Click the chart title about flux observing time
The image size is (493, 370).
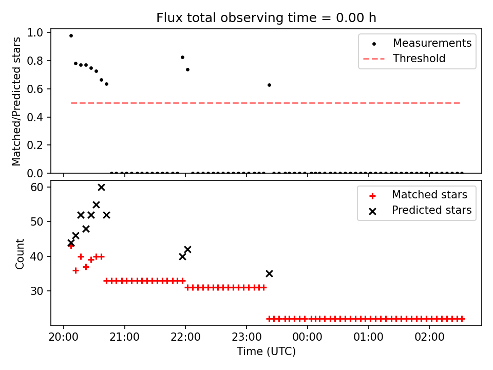266,17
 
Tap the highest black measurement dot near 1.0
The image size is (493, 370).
71,35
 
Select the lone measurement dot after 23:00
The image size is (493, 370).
269,85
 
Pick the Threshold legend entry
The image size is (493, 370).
405,59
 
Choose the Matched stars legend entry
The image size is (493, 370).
418,195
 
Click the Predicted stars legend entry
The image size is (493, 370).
420,210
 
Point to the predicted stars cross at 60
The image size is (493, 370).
101,188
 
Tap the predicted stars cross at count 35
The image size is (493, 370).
269,274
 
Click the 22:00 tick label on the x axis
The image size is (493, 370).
185,337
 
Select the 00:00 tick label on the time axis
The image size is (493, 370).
307,337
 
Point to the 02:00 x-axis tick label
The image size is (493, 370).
429,337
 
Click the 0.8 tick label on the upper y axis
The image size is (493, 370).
35,61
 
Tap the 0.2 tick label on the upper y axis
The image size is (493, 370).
35,145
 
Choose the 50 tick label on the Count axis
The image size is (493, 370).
36,222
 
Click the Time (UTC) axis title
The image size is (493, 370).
266,351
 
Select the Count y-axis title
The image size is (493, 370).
20,253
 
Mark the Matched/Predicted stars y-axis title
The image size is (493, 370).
16,101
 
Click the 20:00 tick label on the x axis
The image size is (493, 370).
64,337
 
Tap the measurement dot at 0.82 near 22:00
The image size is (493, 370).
182,57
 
